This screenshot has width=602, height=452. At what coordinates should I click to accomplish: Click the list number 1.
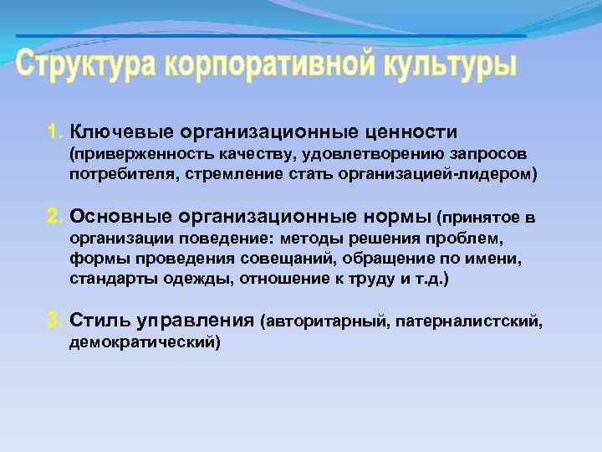pyautogui.click(x=54, y=131)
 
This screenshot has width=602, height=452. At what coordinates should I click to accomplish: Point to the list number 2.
pyautogui.click(x=55, y=218)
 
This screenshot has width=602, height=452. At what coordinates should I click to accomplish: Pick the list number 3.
pyautogui.click(x=55, y=320)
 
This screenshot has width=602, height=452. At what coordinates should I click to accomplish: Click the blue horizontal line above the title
pyautogui.click(x=272, y=36)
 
